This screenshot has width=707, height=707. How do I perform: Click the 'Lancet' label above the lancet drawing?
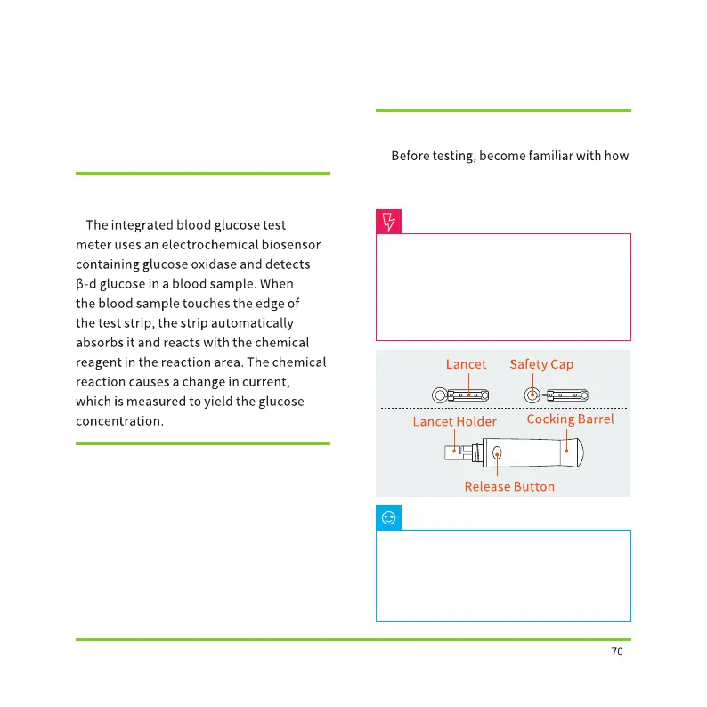coord(466,364)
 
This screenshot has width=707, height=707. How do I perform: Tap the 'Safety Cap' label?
coord(541,364)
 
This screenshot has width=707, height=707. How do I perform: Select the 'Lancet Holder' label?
coord(454,421)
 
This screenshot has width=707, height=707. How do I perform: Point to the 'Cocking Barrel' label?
coord(570,419)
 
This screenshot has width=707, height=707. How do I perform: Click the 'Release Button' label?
coord(509,487)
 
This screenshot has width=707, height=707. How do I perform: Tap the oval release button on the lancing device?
coord(497,453)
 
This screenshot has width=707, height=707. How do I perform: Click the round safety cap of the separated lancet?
coord(532,394)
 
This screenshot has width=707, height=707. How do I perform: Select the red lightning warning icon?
coord(389,222)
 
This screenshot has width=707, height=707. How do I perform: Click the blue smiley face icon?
coord(389,517)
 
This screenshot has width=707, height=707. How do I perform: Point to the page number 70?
coord(617,652)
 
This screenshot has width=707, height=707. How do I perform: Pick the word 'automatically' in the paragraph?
coord(255,323)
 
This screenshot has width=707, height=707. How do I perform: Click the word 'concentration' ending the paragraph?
coord(119,420)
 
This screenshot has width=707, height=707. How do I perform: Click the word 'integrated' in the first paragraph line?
coord(142,225)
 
